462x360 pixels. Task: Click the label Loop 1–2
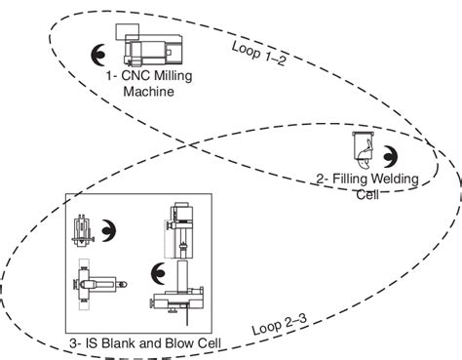tap(259, 54)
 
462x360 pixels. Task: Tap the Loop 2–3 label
tap(280, 324)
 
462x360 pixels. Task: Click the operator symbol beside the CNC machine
tap(98, 55)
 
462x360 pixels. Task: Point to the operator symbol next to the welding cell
tap(390, 157)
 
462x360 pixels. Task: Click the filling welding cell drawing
tap(364, 150)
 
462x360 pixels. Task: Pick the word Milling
tap(173, 76)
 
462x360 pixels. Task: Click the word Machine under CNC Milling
tap(148, 92)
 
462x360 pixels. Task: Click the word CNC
tap(135, 76)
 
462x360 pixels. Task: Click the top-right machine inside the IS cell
tap(179, 230)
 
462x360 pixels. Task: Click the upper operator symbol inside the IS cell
tap(109, 230)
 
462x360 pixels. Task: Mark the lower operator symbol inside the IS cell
tap(158, 273)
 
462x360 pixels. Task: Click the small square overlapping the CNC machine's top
tap(128, 32)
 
